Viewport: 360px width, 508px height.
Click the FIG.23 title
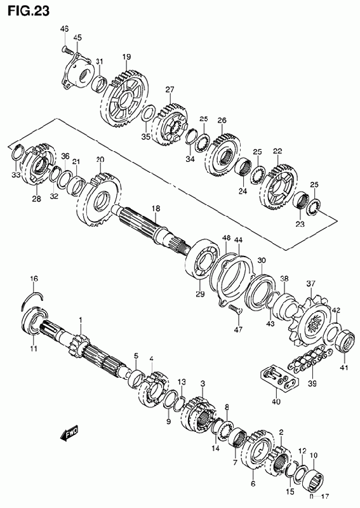[29, 10]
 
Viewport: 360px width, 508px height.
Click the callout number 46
[64, 29]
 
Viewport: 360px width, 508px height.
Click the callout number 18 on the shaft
[156, 208]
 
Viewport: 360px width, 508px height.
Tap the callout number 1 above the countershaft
[81, 321]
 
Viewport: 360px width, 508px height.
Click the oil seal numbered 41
[344, 342]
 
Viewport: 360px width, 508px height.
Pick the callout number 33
[16, 175]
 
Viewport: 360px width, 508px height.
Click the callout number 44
[238, 240]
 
